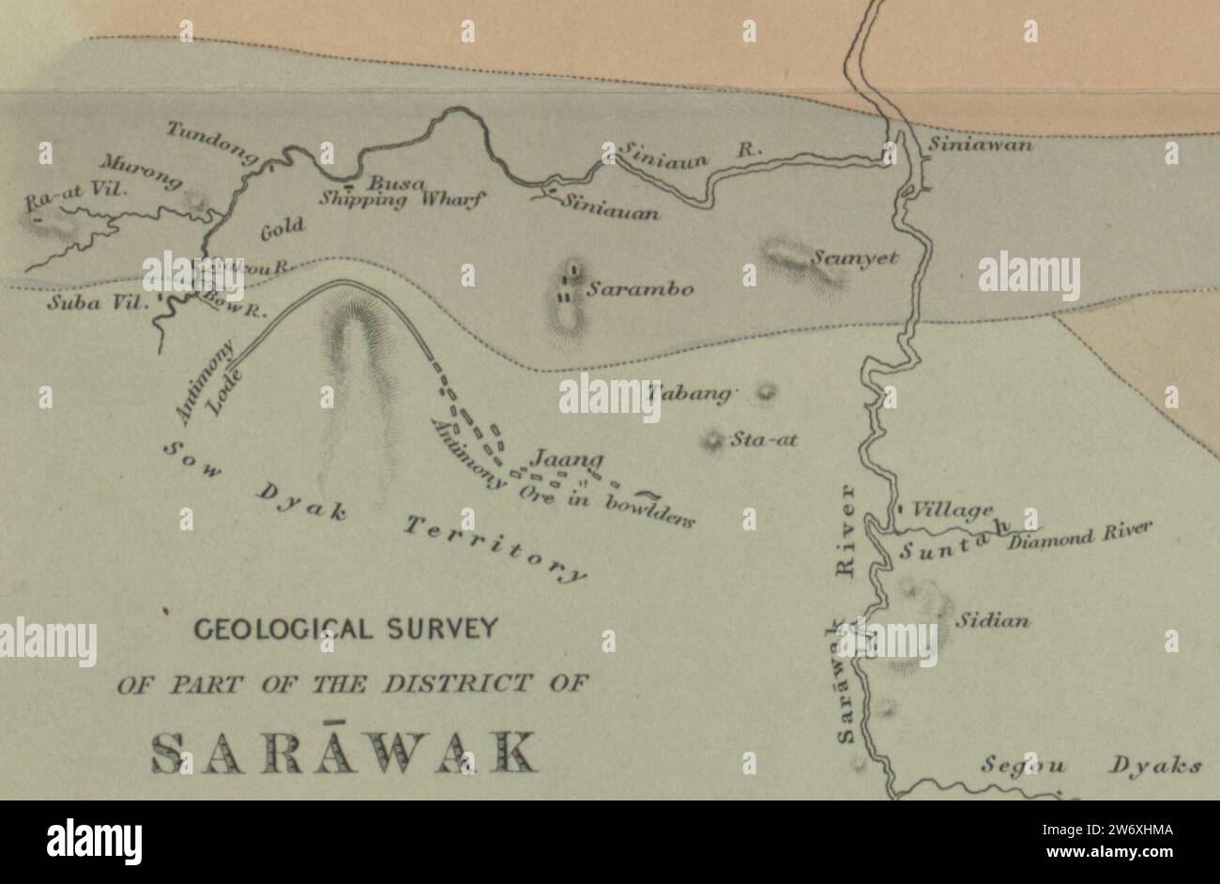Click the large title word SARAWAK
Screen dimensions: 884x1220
[x=344, y=751]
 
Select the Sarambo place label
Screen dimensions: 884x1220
[x=641, y=290]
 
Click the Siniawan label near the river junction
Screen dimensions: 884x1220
[x=981, y=145]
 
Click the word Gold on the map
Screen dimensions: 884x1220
[x=282, y=227]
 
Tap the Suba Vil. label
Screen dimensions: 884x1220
[x=92, y=303]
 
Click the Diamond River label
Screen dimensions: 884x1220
[x=1080, y=536]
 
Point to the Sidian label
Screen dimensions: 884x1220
[x=993, y=620]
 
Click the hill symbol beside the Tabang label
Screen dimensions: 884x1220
[x=768, y=391]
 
